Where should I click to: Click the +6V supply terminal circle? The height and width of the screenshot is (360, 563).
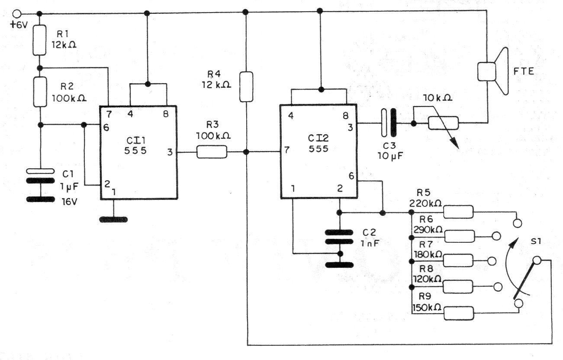click(17, 14)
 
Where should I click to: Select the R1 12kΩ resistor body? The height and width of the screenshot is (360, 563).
click(39, 40)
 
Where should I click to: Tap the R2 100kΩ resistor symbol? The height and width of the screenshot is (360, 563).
click(40, 92)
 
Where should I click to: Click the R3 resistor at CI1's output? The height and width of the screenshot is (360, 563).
click(212, 152)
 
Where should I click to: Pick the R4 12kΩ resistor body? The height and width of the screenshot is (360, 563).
click(246, 87)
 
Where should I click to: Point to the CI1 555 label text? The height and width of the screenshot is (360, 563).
click(135, 145)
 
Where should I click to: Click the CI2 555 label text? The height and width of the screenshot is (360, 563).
click(318, 143)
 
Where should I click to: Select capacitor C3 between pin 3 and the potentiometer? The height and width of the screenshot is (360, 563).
click(389, 123)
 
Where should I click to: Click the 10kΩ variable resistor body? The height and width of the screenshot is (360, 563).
click(444, 123)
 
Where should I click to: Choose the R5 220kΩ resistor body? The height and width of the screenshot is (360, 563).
click(458, 212)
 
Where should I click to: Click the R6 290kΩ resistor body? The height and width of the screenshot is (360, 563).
click(460, 236)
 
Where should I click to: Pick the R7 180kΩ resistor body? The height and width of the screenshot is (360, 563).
click(458, 261)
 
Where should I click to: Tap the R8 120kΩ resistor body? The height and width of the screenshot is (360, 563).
click(458, 287)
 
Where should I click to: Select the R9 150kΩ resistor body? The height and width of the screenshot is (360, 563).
click(459, 313)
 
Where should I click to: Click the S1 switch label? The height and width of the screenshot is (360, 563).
click(536, 241)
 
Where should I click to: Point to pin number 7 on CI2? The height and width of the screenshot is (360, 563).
click(287, 150)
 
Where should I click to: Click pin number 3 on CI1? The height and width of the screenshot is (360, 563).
click(170, 152)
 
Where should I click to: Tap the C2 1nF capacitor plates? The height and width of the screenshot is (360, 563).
click(339, 237)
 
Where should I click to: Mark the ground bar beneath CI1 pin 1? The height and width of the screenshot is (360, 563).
click(114, 220)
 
